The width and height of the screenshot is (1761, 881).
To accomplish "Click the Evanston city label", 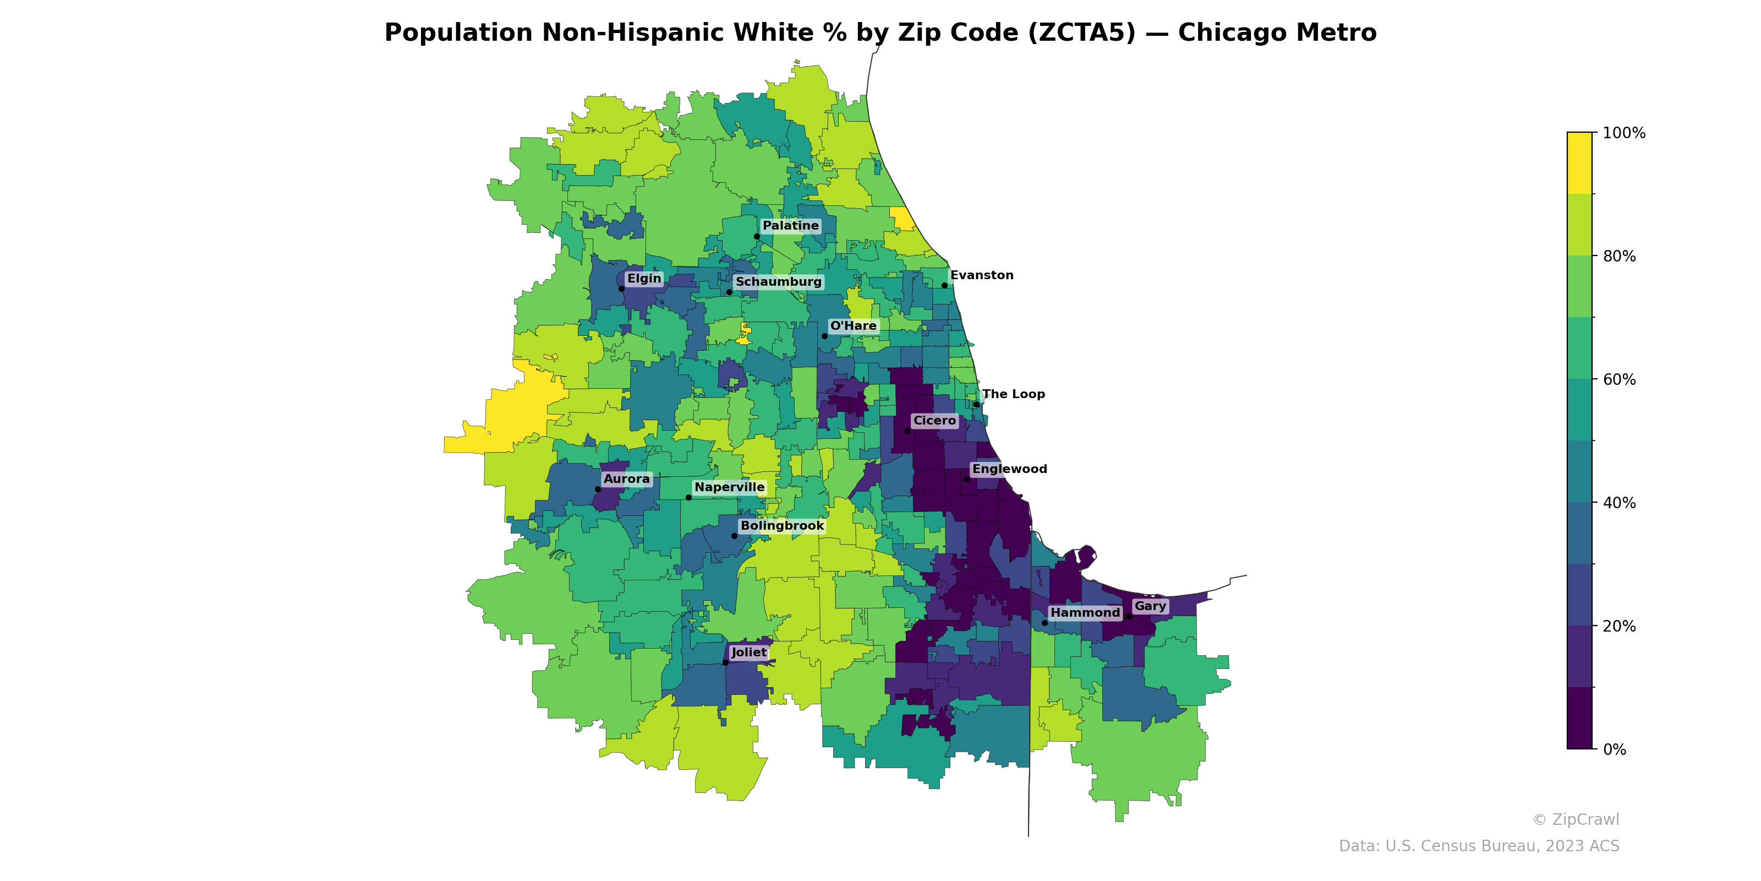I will (x=982, y=276).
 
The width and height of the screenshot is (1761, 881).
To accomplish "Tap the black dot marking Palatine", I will (x=757, y=237).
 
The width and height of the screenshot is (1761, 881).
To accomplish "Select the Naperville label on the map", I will (x=729, y=488).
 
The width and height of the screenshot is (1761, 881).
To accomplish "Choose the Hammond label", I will (x=1085, y=613).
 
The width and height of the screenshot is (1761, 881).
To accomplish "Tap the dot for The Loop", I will (x=976, y=405).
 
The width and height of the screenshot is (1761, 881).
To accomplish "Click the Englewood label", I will (x=1010, y=469).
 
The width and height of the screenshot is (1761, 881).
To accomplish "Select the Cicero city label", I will (x=934, y=421).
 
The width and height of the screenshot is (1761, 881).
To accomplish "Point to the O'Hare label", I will (x=853, y=327).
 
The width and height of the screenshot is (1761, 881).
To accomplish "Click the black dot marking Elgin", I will (x=621, y=289).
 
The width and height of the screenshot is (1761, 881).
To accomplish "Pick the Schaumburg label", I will (x=779, y=282).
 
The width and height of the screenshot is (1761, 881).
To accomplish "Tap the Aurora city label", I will (x=627, y=479).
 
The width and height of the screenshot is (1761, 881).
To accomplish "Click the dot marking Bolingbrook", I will (x=734, y=536).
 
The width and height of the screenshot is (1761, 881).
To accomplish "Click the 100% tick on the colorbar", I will (x=1623, y=133).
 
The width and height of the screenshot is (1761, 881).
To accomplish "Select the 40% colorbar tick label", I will (x=1619, y=503).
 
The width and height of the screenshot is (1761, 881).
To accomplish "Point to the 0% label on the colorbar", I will (x=1614, y=749).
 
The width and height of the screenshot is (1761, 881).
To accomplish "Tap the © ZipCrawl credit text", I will (x=1575, y=819).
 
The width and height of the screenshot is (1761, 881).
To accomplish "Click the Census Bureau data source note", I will (x=1479, y=846).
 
